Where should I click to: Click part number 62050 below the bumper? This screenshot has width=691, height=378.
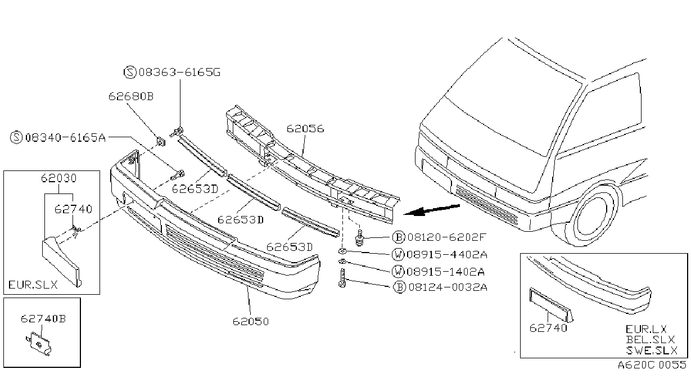point(251,322)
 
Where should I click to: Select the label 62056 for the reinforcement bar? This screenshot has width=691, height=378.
point(305,128)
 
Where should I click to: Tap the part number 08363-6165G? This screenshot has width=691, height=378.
point(179,72)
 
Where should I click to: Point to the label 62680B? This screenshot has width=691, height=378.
point(131,96)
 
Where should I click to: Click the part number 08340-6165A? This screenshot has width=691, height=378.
point(65,137)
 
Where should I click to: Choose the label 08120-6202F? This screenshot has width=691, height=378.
point(446,237)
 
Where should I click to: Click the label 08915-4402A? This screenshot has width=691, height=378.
point(447,254)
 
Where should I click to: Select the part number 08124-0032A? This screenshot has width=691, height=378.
point(448,287)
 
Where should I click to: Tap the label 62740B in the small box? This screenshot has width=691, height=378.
point(43,318)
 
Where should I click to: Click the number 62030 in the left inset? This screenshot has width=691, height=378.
point(58,178)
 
